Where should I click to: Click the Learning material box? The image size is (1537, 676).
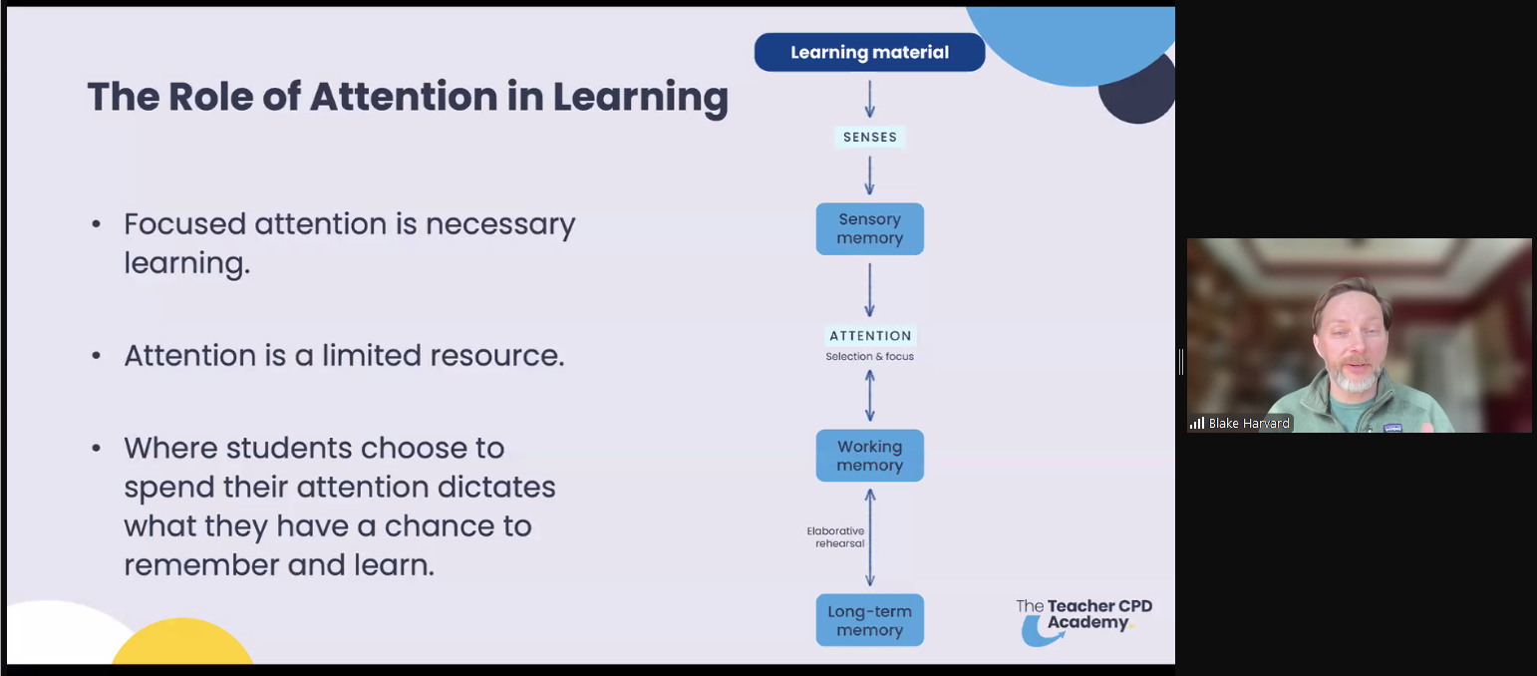[869, 52]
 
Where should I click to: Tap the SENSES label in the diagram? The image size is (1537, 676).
[870, 138]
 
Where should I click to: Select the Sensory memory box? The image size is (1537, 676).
[869, 228]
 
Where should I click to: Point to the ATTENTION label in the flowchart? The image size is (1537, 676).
[870, 336]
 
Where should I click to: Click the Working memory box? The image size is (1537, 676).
[869, 456]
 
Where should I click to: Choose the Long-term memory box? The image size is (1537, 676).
[869, 620]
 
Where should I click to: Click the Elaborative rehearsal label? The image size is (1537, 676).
[835, 537]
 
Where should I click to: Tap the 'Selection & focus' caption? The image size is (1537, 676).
[869, 356]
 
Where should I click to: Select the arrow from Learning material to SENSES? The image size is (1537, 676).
[870, 99]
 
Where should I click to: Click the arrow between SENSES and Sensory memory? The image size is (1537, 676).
[870, 174]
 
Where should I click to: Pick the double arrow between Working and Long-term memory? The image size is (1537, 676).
[870, 537]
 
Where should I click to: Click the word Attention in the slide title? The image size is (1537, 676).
[403, 97]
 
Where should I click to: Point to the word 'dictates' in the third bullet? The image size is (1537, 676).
[497, 488]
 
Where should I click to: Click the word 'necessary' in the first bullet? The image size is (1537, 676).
[500, 224]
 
